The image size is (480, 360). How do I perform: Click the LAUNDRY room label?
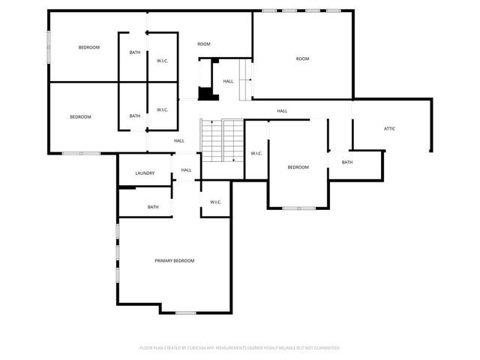coord(145,173)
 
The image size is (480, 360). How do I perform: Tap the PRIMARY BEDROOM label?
coord(174,260)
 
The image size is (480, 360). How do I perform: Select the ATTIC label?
coord(389,128)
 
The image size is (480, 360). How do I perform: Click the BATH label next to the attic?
coord(347,162)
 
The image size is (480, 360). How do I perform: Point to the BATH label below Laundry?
coord(153,207)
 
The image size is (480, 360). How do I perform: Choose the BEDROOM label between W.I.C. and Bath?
coord(298,167)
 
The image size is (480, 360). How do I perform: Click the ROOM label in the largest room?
coord(302,58)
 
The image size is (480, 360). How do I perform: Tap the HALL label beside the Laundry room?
coord(186,170)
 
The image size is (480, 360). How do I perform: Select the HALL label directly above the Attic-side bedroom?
coord(282,111)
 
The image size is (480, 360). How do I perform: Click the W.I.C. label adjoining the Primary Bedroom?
coord(215,202)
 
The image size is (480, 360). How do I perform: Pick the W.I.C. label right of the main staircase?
coord(256,154)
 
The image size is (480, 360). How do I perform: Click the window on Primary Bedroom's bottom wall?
coord(185,312)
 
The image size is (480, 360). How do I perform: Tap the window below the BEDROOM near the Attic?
coord(298,208)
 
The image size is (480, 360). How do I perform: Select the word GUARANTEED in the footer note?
coord(326,348)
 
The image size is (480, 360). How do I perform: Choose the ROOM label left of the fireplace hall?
coord(204,44)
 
